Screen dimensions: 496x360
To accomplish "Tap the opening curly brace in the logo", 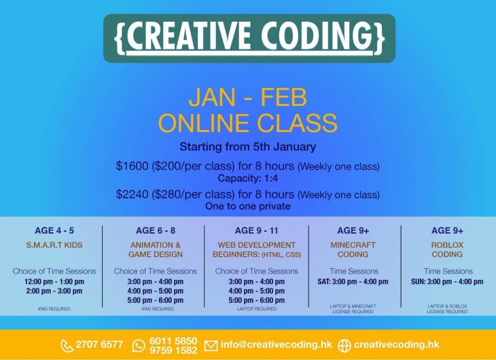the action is pyautogui.click(x=119, y=37).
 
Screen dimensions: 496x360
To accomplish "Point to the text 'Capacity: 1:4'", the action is pyautogui.click(x=248, y=178).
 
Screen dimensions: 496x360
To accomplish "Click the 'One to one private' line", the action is pyautogui.click(x=248, y=206).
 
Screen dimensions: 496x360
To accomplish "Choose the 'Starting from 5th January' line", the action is pyautogui.click(x=248, y=147).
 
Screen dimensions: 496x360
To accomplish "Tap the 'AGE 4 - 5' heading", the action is pyautogui.click(x=54, y=231).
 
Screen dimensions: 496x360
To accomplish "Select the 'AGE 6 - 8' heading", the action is pyautogui.click(x=156, y=231).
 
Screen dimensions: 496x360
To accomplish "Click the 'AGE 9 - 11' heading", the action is pyautogui.click(x=257, y=231).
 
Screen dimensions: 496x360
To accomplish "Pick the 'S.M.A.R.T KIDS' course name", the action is pyautogui.click(x=54, y=245).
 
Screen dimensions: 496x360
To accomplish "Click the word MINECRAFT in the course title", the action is pyautogui.click(x=353, y=245).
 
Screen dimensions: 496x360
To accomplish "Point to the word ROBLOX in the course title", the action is pyautogui.click(x=447, y=245).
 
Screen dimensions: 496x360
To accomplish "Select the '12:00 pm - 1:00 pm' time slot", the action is pyautogui.click(x=54, y=281).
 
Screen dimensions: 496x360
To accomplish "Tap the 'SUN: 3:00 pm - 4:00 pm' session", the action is pyautogui.click(x=447, y=281).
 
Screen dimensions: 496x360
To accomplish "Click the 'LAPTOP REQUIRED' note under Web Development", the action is pyautogui.click(x=257, y=309).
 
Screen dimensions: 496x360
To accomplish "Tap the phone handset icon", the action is pyautogui.click(x=67, y=346).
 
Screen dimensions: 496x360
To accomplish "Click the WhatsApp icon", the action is pyautogui.click(x=139, y=346).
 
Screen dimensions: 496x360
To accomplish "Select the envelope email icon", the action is pyautogui.click(x=211, y=346).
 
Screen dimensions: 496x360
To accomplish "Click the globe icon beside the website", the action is pyautogui.click(x=344, y=346).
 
